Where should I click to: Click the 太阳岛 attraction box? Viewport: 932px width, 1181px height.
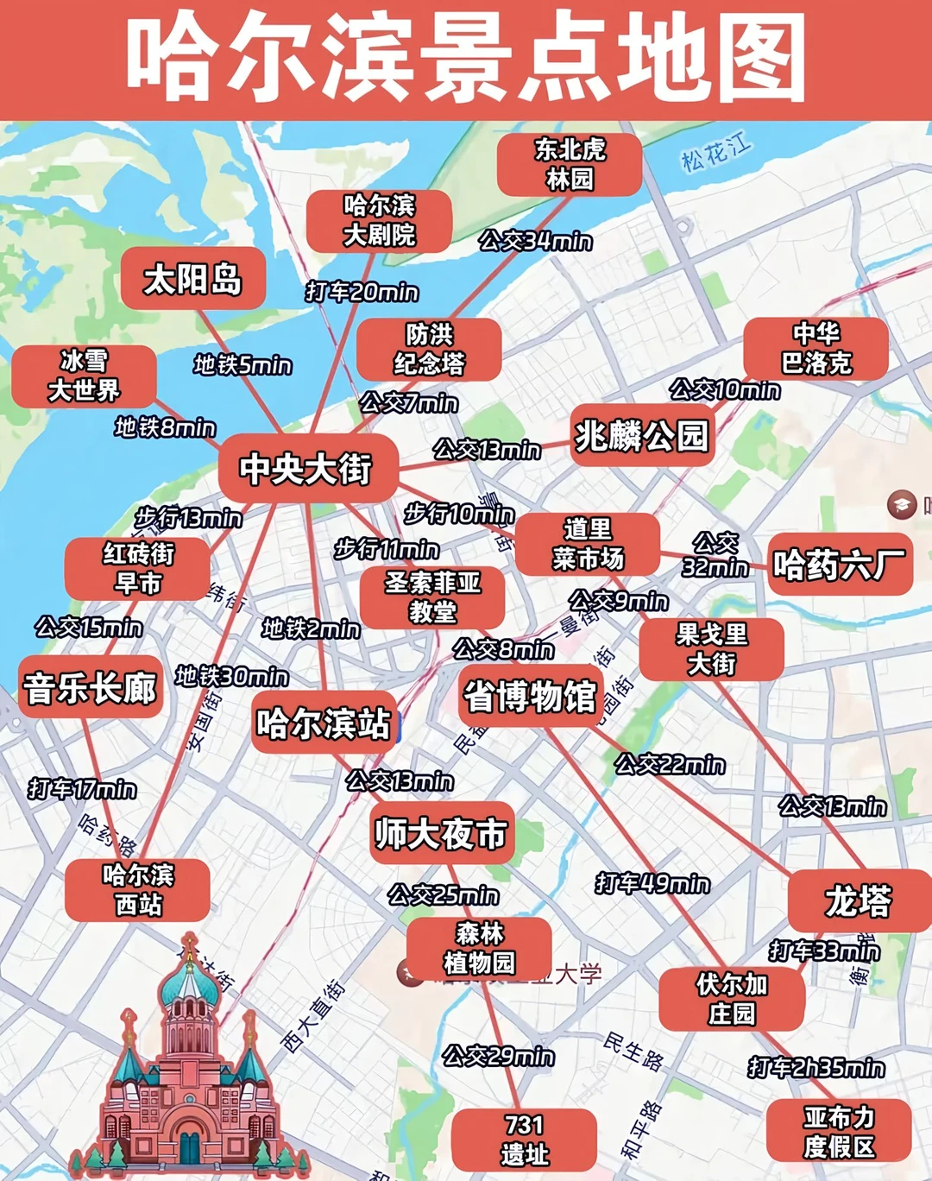[192, 279]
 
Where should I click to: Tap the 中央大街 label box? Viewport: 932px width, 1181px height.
[306, 468]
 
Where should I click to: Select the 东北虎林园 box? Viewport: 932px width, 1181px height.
[570, 164]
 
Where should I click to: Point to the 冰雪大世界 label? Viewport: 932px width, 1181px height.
[84, 376]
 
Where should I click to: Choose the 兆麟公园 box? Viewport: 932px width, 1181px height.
[641, 436]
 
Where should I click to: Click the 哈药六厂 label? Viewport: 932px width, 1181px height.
[839, 565]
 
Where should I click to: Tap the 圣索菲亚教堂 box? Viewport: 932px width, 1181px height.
[432, 597]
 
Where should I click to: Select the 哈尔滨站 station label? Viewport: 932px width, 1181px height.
[324, 723]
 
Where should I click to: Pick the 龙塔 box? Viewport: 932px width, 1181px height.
[858, 900]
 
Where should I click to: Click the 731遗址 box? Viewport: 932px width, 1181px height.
[524, 1140]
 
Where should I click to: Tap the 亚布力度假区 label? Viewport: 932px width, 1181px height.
[839, 1132]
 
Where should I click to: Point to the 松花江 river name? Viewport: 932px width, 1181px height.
[715, 153]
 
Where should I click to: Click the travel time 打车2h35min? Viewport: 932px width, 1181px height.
[816, 1068]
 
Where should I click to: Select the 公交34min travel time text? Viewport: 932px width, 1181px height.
[536, 240]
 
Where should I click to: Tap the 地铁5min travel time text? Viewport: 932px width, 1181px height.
[242, 365]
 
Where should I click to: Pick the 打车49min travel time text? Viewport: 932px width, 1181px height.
[652, 883]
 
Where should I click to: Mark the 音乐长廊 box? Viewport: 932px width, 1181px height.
[91, 688]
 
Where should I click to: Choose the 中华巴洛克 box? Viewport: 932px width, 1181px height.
[815, 348]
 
